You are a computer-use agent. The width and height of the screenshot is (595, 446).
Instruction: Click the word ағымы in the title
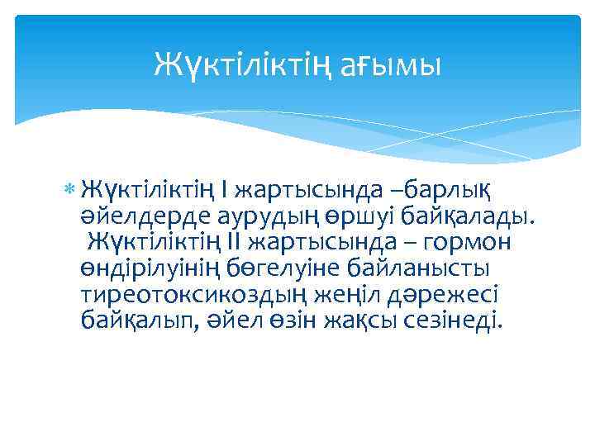coord(391,64)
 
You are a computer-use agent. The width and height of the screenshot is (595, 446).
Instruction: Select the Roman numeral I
coord(226,192)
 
